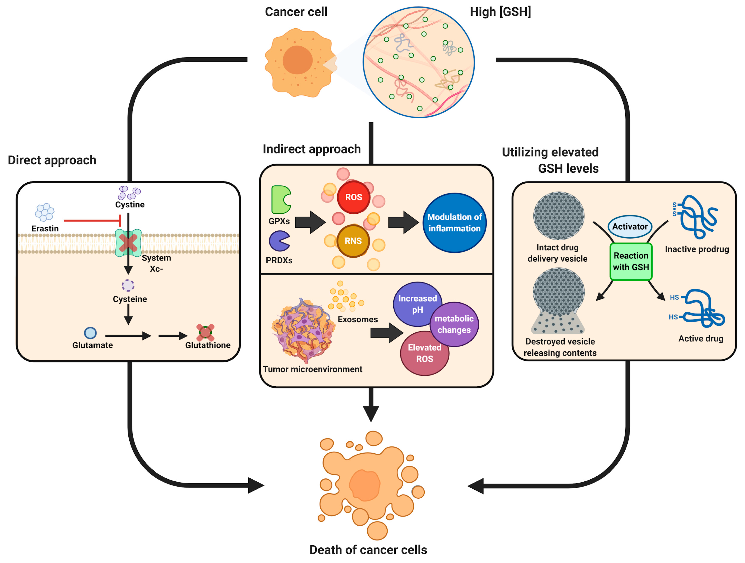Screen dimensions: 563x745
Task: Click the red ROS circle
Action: click(x=353, y=197)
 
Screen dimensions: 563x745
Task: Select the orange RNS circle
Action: click(x=353, y=241)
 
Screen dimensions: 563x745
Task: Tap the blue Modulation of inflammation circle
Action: click(x=454, y=223)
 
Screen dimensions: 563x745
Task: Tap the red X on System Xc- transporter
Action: click(x=128, y=243)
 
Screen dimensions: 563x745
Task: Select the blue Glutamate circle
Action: click(x=90, y=333)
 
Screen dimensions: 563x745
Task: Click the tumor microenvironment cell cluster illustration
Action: click(x=303, y=330)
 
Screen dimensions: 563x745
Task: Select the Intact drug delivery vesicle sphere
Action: click(x=558, y=215)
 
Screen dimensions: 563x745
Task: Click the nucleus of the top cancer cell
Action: click(x=297, y=60)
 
